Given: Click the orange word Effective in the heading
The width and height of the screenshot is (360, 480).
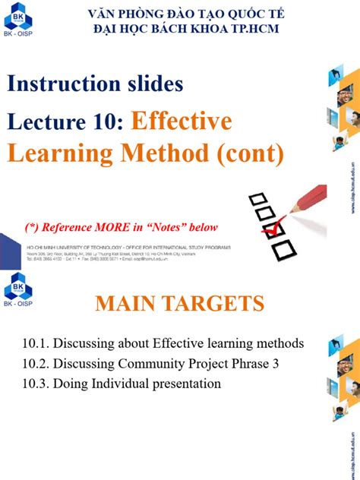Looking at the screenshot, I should [x=182, y=122].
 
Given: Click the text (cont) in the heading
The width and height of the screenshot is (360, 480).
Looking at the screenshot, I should [x=248, y=154].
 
